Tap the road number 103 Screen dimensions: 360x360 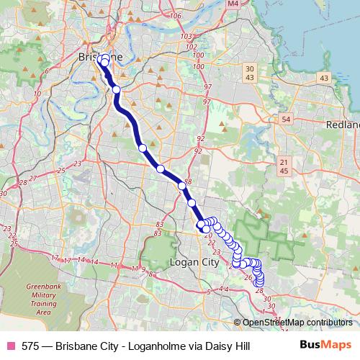click(186, 36)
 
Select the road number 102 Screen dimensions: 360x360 click(191, 47)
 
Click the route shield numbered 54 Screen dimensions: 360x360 click(287, 119)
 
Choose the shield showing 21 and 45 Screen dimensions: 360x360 click(284, 166)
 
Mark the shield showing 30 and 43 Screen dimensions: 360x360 click(250, 72)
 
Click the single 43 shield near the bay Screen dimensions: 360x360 click(324, 78)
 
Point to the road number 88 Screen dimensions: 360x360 click(188, 182)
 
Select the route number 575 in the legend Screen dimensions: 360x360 click(31, 346)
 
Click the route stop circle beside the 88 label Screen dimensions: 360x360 click(182, 186)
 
